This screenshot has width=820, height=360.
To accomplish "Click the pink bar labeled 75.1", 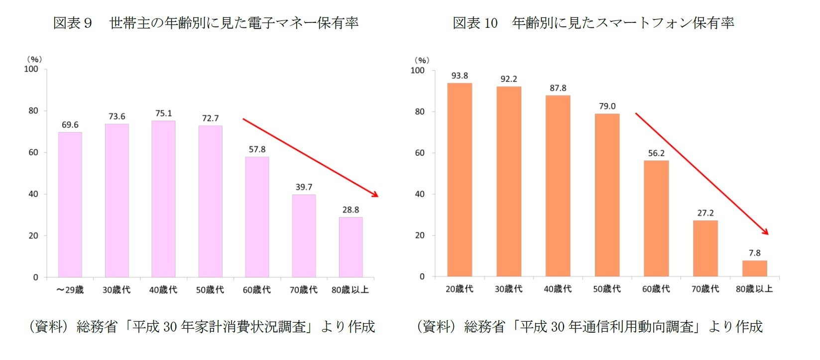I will (x=163, y=199).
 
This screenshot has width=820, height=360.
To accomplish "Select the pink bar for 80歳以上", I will (x=351, y=247).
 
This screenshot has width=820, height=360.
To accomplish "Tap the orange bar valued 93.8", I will (x=460, y=180).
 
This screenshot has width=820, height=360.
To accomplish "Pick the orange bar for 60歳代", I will (x=656, y=219).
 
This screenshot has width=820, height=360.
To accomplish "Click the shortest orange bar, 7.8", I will (x=754, y=268).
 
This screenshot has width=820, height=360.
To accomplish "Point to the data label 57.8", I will (x=257, y=149).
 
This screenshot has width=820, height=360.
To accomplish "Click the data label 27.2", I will (x=705, y=213).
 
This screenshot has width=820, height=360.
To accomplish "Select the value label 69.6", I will (x=70, y=125).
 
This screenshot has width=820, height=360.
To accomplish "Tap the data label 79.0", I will (x=607, y=107).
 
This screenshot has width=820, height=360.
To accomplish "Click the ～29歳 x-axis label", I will (x=70, y=290).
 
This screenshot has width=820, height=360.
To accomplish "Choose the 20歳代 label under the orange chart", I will (x=459, y=289).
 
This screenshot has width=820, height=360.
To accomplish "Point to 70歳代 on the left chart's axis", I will (x=304, y=290).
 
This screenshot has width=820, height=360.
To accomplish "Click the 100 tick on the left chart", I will (x=31, y=69).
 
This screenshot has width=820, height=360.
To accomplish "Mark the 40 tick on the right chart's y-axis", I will (x=420, y=194).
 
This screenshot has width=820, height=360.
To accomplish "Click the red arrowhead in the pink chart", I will (x=375, y=194).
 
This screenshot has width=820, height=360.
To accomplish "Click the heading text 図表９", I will (x=73, y=23).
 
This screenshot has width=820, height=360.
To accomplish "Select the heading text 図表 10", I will (x=475, y=23).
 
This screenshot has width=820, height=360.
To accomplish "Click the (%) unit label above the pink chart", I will (x=34, y=59).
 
